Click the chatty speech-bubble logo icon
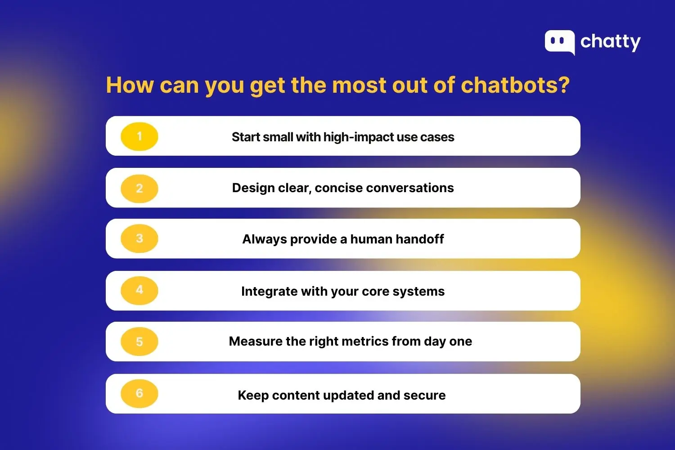pyautogui.click(x=559, y=42)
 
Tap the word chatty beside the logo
pyautogui.click(x=610, y=42)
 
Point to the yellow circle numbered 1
pyautogui.click(x=139, y=136)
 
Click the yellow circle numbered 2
pyautogui.click(x=139, y=188)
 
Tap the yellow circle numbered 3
pyautogui.click(x=139, y=238)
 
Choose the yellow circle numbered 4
pyautogui.click(x=139, y=290)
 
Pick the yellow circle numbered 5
pyautogui.click(x=139, y=342)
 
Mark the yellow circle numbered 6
pyautogui.click(x=139, y=393)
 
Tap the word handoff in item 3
pyautogui.click(x=420, y=239)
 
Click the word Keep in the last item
pyautogui.click(x=253, y=395)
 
